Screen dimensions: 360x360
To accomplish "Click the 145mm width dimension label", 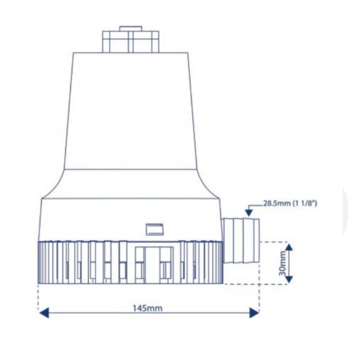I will (x=147, y=308).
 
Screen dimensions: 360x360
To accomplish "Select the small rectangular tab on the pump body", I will (x=153, y=229).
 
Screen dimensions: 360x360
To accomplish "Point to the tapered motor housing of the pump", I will (x=131, y=112).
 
